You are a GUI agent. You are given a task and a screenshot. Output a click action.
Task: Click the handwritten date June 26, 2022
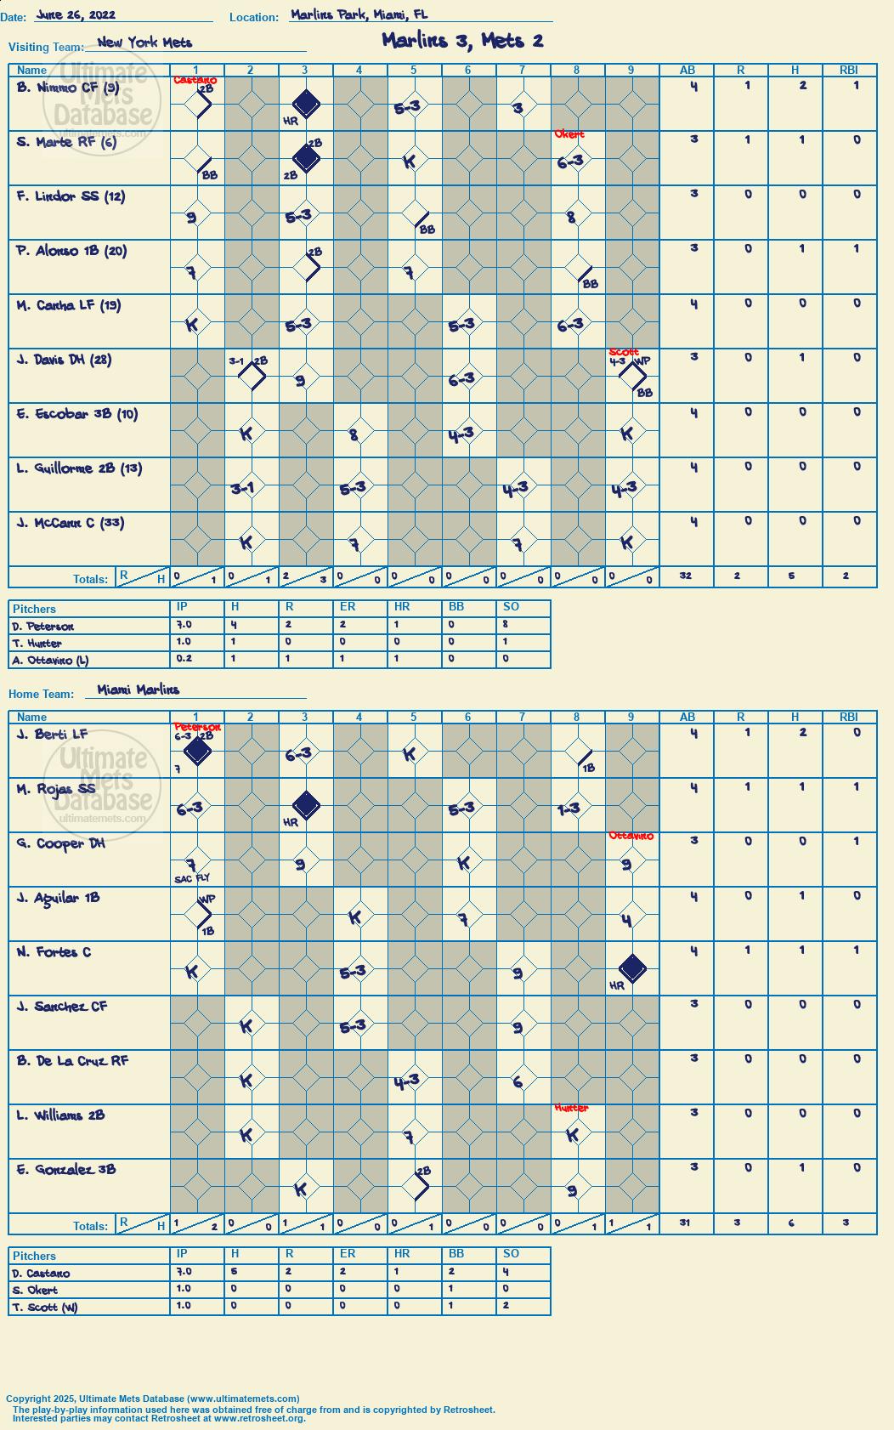[x=76, y=14]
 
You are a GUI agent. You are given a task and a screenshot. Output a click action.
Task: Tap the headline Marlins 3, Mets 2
[x=462, y=41]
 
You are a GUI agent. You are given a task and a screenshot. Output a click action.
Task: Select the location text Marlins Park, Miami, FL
[x=359, y=14]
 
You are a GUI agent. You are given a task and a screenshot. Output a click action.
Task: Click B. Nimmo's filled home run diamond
[x=306, y=104]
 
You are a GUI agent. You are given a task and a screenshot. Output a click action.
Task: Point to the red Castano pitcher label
[x=195, y=80]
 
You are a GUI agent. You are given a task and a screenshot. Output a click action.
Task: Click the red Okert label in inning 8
[x=569, y=134]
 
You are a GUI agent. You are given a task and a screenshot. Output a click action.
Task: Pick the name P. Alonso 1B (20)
[x=71, y=251]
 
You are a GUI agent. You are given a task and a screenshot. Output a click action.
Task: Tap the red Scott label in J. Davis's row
[x=624, y=352]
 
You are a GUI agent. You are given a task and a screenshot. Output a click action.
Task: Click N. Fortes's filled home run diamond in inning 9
[x=632, y=968]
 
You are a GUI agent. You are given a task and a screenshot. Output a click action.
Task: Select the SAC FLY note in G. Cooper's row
[x=192, y=878]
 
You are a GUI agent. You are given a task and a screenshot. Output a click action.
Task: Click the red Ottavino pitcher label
[x=631, y=836]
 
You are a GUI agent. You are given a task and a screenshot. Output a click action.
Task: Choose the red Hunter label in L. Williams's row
[x=571, y=1108]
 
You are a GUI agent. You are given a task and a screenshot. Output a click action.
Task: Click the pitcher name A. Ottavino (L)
[x=50, y=661]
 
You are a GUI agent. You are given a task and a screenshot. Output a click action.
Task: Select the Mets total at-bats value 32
[x=685, y=576]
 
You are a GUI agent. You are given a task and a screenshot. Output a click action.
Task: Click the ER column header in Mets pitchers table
[x=347, y=606]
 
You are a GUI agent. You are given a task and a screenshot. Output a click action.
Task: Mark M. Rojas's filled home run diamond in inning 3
[x=306, y=806]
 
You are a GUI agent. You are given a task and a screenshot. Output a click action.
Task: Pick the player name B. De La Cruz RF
[x=73, y=1061]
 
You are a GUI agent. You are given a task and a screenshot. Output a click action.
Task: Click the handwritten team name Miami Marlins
[x=139, y=689]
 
